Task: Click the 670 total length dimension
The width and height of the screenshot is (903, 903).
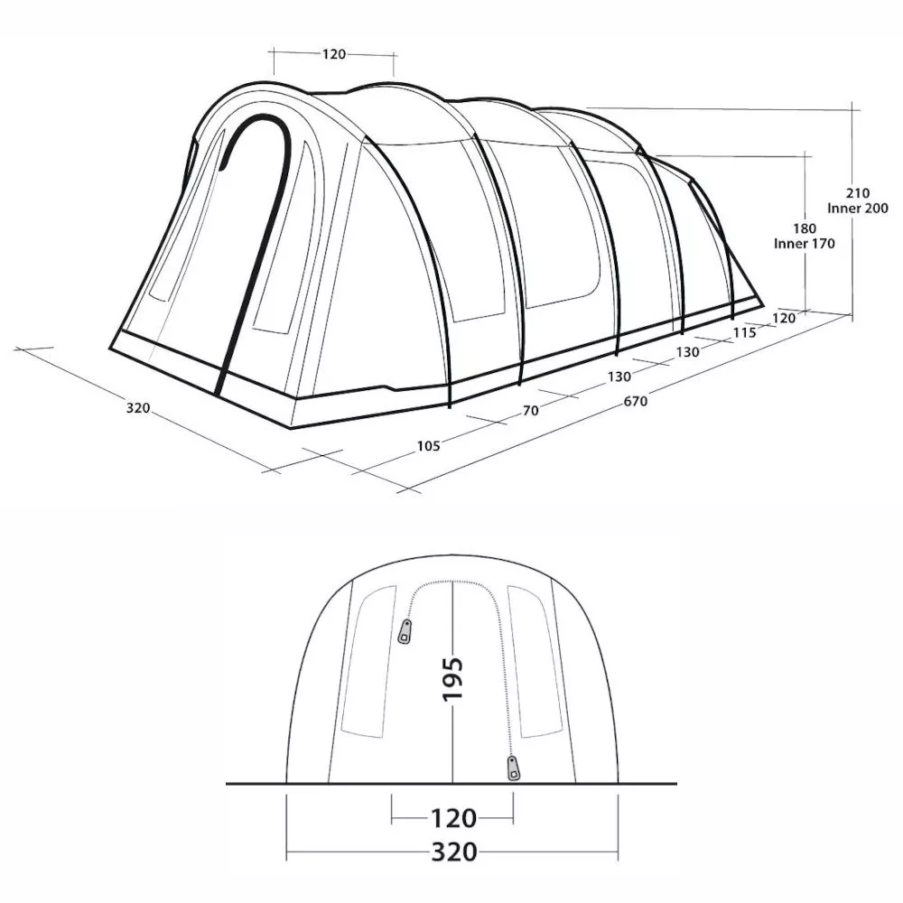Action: [634, 402]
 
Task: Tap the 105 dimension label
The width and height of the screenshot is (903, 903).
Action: [428, 445]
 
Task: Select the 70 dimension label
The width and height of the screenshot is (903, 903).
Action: [530, 411]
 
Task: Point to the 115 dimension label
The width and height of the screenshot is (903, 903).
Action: [744, 332]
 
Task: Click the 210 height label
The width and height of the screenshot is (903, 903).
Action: [857, 193]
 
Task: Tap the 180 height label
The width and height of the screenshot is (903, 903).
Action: [805, 228]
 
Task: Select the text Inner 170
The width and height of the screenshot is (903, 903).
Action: [805, 244]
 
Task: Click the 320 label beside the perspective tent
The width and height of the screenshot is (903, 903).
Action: [137, 408]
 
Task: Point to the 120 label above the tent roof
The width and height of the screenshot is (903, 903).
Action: [333, 55]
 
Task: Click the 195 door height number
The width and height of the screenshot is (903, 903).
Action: [453, 679]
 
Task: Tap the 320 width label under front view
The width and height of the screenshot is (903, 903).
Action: [453, 852]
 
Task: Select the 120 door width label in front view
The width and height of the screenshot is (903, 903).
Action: [453, 819]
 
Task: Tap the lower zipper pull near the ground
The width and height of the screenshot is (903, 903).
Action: [514, 768]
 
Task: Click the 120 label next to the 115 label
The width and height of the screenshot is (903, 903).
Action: [782, 318]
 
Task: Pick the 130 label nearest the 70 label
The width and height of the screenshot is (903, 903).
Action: [619, 377]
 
